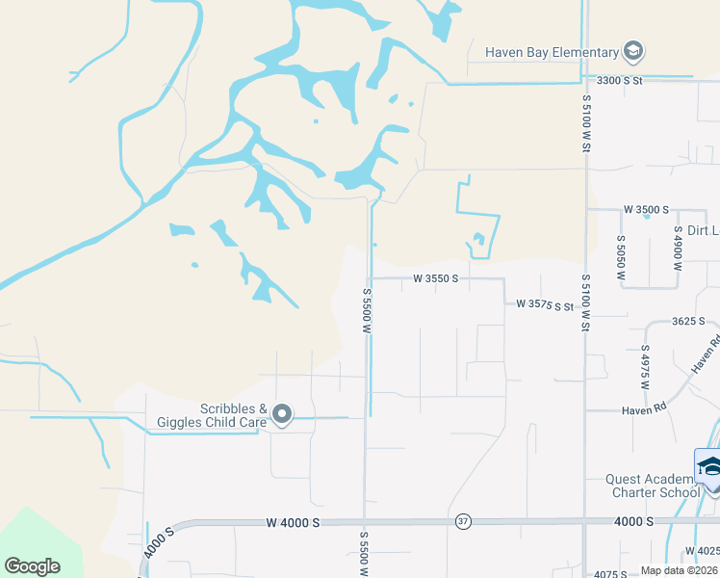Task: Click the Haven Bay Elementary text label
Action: (x=551, y=52)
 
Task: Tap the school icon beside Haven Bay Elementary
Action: (x=632, y=51)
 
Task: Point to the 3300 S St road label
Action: (x=619, y=81)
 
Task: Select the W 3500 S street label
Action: (x=646, y=208)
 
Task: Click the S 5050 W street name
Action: (x=622, y=257)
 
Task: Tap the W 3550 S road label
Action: (x=434, y=278)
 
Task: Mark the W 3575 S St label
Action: (x=545, y=304)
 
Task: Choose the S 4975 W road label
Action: (x=645, y=367)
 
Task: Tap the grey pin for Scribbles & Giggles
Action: (x=282, y=415)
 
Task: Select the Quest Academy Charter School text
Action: (x=652, y=486)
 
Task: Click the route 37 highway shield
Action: (x=464, y=521)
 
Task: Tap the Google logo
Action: (x=33, y=566)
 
